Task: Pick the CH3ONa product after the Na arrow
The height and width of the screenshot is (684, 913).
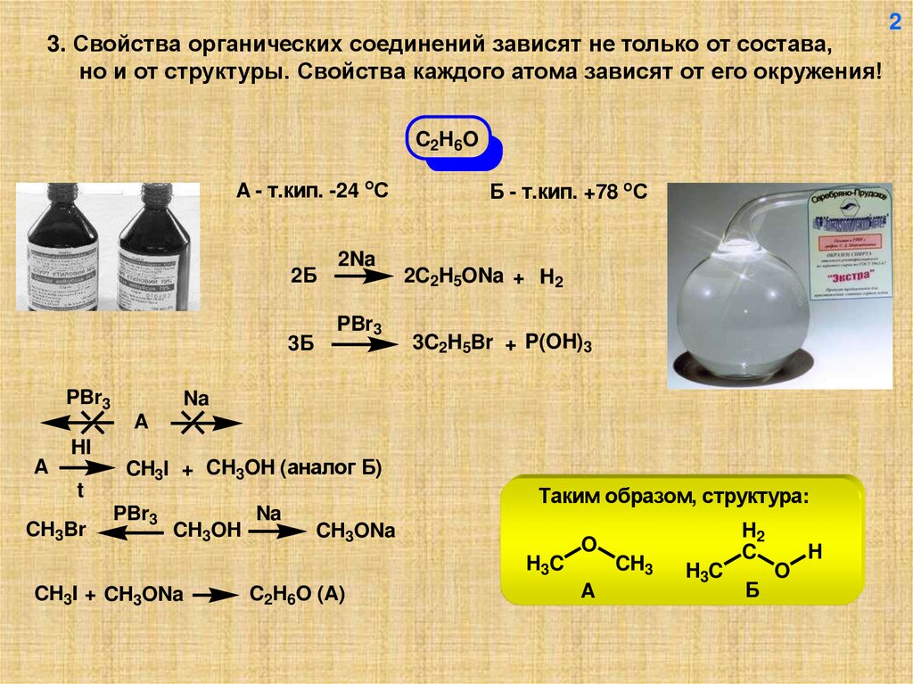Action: coord(357,532)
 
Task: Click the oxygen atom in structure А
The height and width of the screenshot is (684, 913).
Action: coord(588,544)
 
